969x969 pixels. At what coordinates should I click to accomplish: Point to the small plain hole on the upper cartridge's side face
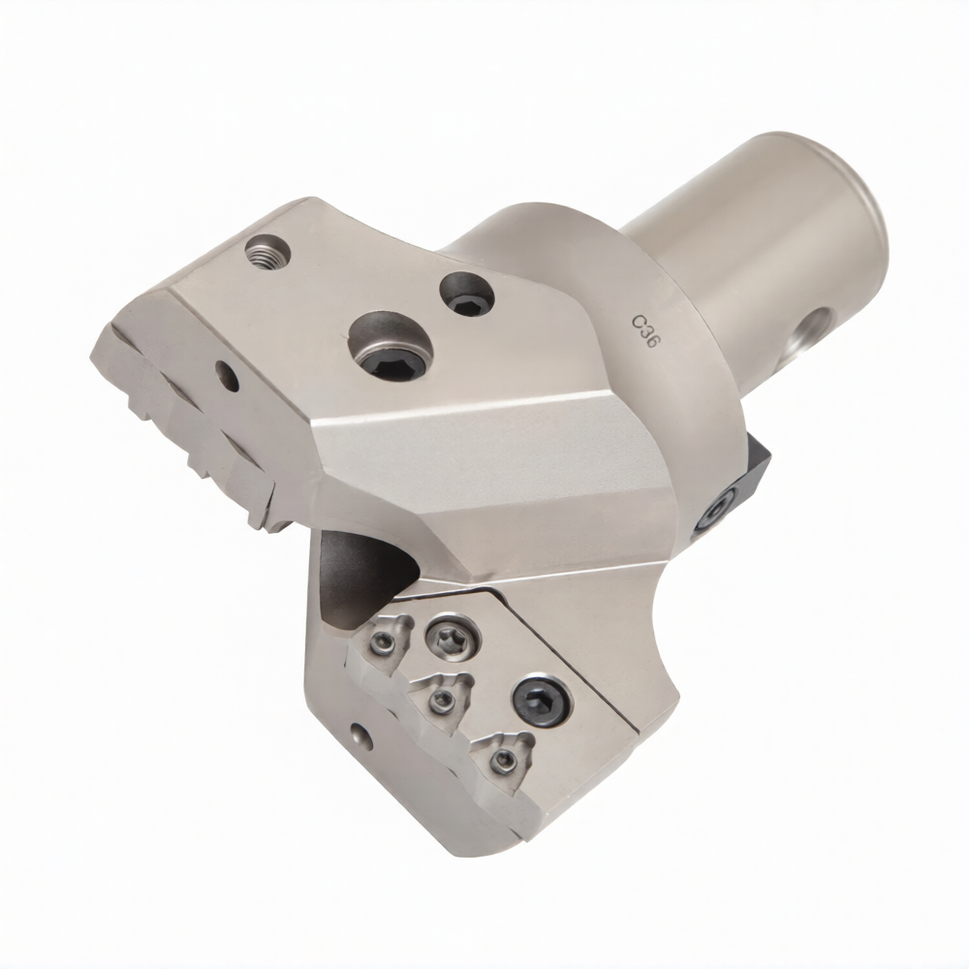pos(228,377)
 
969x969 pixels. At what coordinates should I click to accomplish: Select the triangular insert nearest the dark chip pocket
pos(387,641)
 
